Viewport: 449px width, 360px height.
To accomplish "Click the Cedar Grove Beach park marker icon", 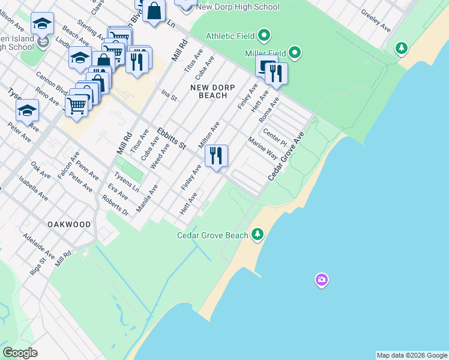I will pos(258,234).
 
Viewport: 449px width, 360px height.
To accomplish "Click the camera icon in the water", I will pos(322,280).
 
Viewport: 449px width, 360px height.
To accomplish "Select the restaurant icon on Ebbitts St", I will pos(216,156).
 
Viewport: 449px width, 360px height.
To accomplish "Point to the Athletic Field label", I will pos(229,36).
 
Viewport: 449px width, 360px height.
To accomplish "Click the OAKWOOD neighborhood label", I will pos(70,224).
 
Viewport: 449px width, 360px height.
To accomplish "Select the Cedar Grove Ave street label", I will pos(286,157).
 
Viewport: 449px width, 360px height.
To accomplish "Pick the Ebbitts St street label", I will pos(172,138).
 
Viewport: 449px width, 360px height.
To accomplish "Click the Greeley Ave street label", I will pos(376,21).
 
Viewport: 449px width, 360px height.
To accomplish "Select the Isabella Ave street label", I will pos(32,188).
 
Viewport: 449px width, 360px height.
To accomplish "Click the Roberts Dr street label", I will pos(116,206).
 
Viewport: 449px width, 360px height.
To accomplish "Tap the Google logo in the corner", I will pos(20,353).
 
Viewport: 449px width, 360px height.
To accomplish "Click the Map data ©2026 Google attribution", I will pos(412,355).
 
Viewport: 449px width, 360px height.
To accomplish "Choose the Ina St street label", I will pos(169,95).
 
